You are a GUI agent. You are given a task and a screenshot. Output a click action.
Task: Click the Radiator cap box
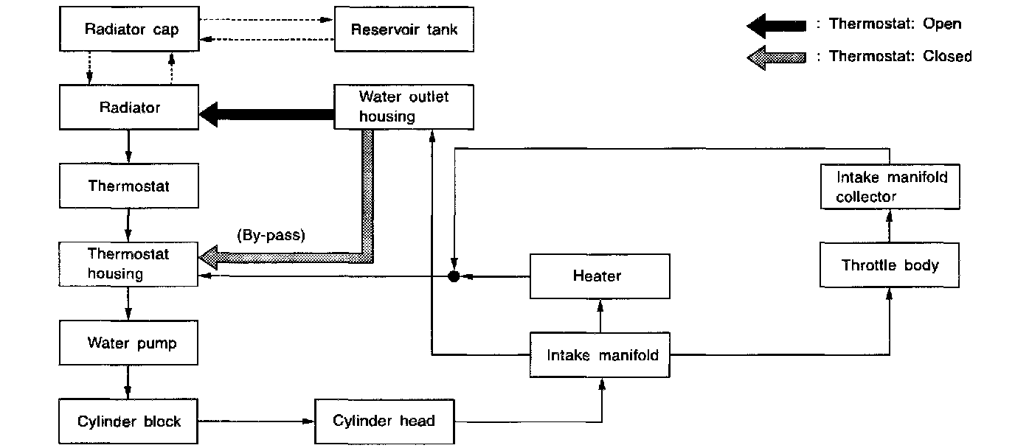131,30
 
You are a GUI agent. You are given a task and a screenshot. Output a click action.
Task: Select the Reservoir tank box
403,30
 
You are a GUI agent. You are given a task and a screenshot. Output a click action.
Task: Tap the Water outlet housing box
403,108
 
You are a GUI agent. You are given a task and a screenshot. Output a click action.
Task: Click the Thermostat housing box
128,264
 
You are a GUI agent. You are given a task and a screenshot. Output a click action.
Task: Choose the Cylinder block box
128,421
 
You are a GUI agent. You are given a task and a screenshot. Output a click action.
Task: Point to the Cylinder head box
384,421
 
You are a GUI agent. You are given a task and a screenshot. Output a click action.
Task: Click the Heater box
600,276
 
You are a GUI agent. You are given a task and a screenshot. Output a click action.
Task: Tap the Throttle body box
890,265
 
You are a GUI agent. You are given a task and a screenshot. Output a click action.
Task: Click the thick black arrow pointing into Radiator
266,114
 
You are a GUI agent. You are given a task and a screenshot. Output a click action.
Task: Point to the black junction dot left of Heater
454,276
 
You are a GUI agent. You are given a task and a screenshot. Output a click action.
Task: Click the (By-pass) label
271,237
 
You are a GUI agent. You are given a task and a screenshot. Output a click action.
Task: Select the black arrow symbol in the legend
776,25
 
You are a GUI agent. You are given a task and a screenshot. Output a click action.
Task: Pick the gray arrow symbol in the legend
776,57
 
